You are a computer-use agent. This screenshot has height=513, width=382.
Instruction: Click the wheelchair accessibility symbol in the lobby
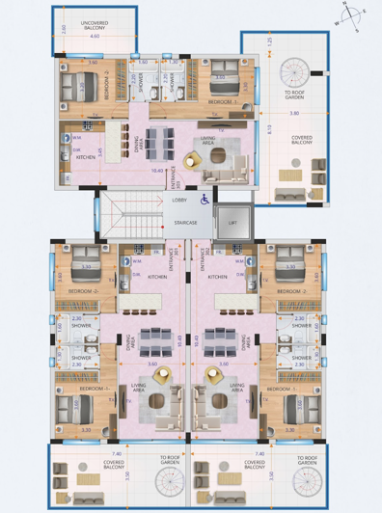(204, 202)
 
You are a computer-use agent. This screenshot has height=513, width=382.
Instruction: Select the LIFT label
(232, 222)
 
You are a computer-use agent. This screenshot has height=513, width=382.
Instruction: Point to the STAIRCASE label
(186, 222)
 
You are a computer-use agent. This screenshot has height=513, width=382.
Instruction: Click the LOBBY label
(180, 200)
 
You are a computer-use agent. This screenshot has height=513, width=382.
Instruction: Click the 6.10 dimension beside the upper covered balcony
(271, 128)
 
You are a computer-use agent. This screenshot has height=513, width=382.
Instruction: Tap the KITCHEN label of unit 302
(219, 277)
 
